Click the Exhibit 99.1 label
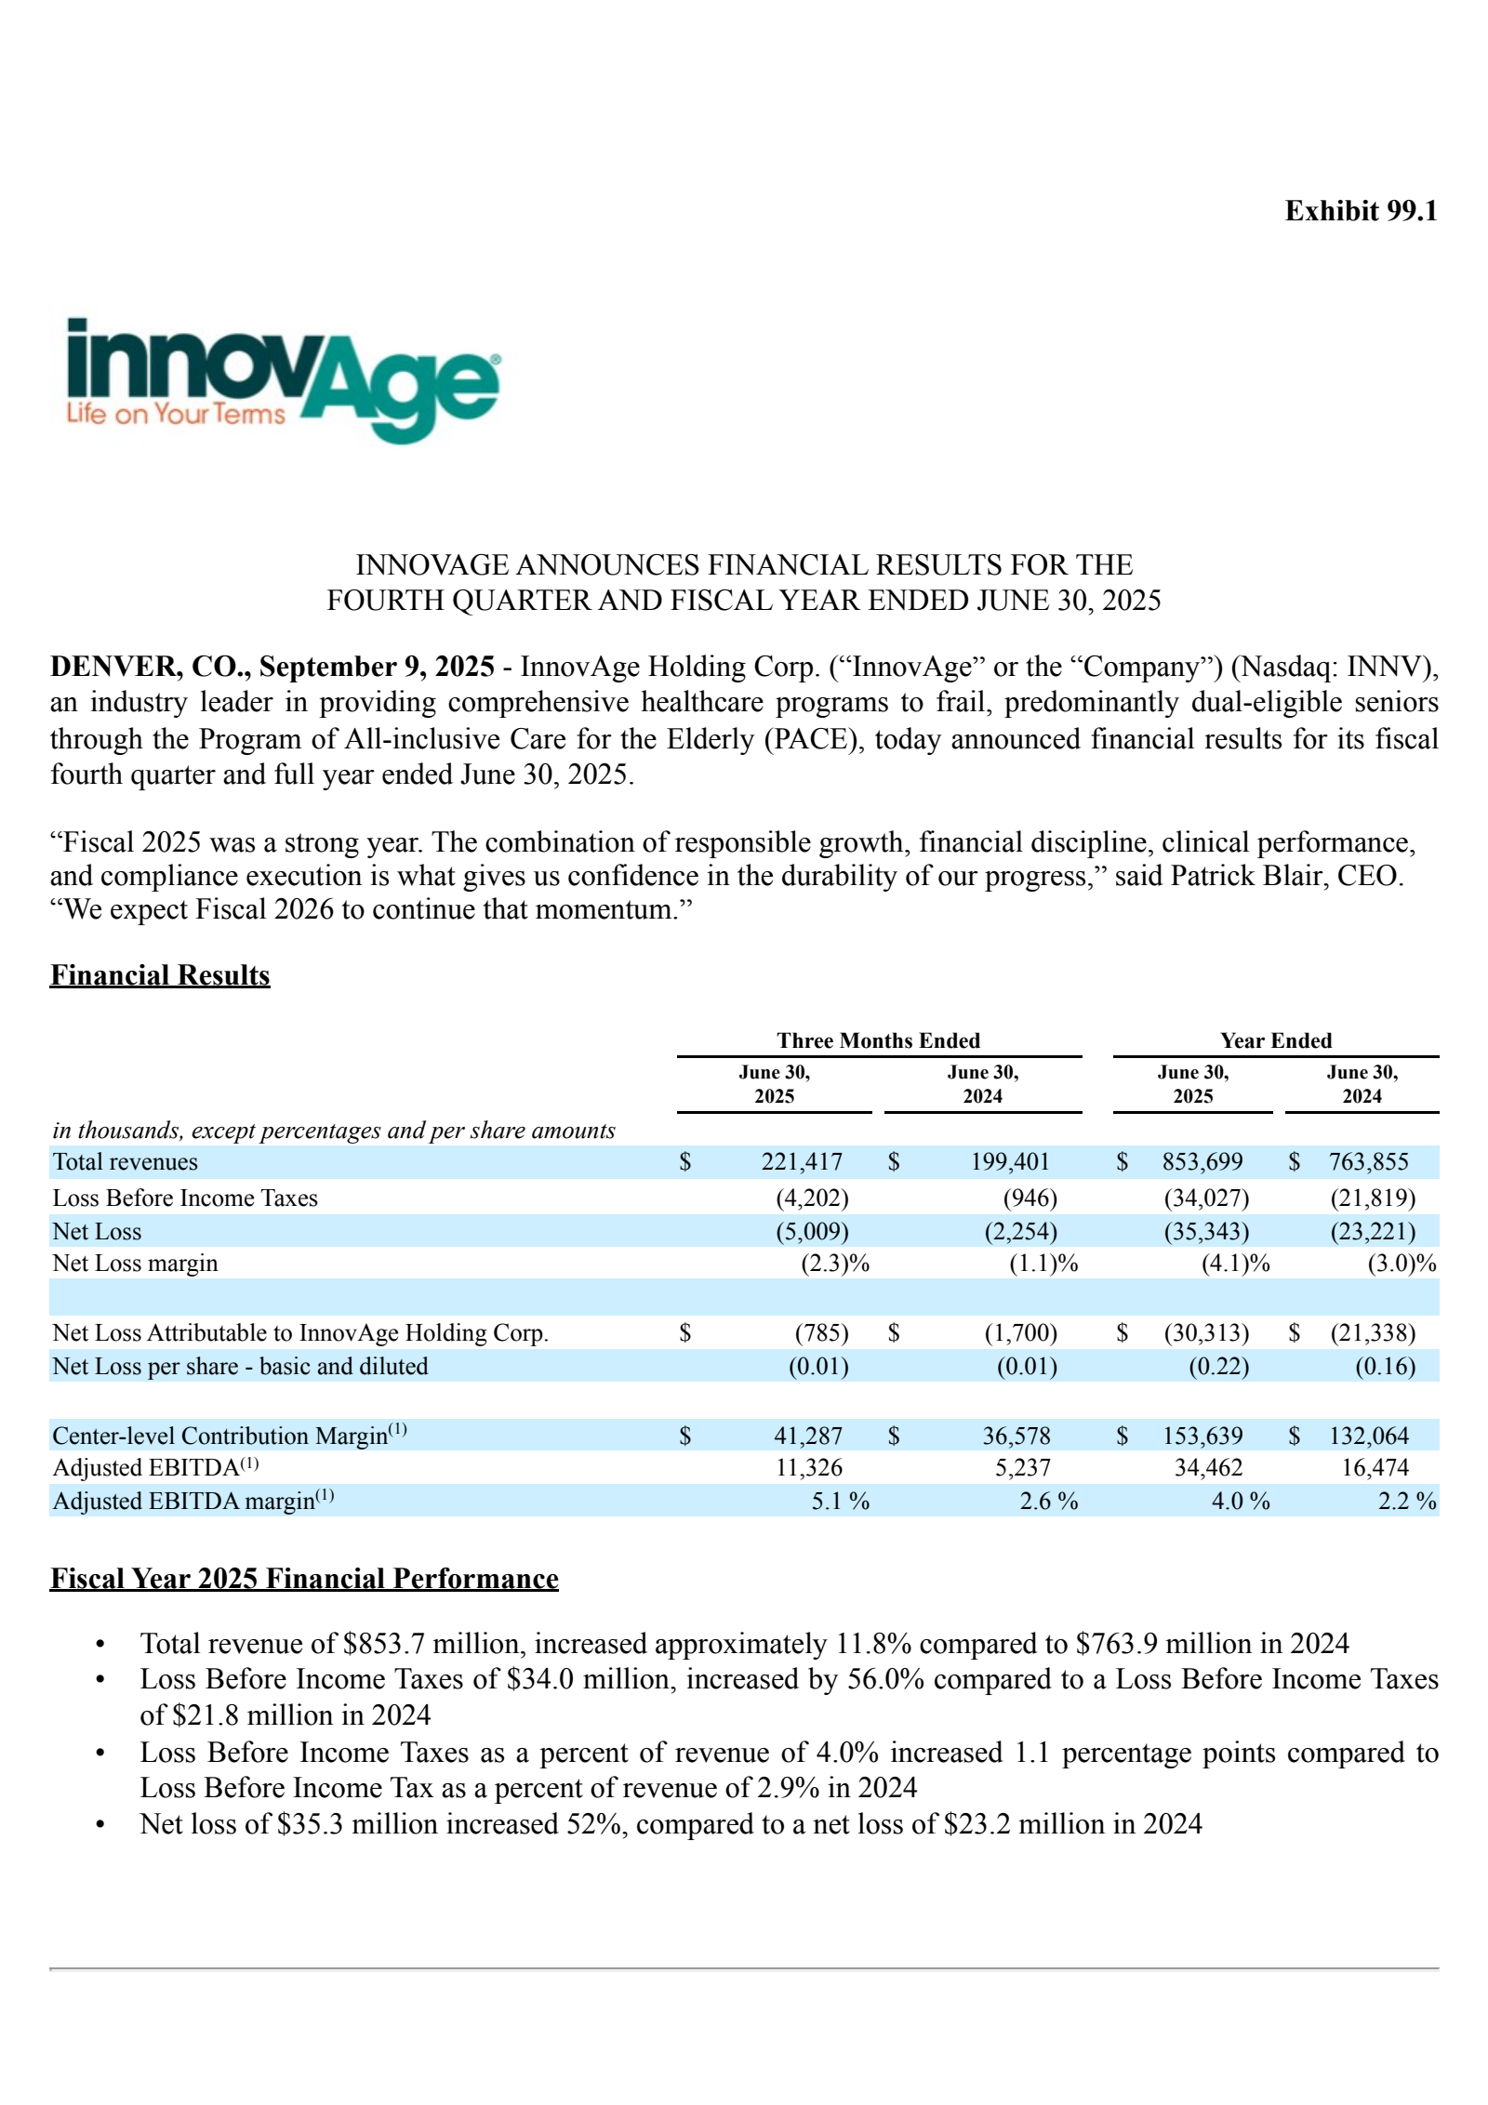1361,211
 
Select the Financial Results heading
160,975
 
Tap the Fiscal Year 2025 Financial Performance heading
304,1579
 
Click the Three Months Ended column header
878,1040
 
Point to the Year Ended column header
1275,1040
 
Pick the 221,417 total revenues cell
802,1162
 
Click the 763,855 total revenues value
1368,1162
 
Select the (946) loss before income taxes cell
1030,1198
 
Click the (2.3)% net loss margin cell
834,1264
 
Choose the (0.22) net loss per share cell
1218,1367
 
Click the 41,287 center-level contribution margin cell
807,1436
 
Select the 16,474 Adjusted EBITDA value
1375,1468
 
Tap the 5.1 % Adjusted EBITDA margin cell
840,1502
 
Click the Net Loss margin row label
135,1264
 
